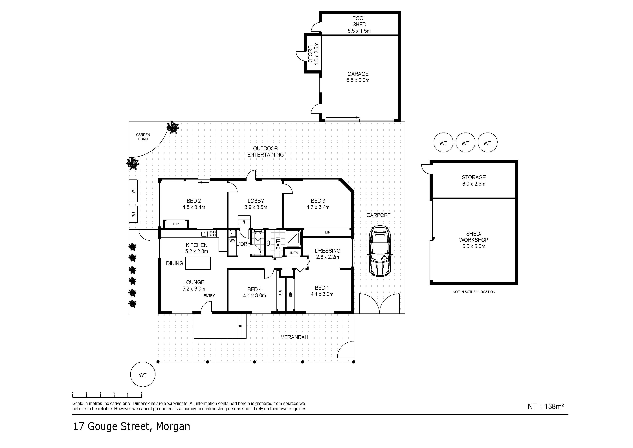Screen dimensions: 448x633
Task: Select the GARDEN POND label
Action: (143, 137)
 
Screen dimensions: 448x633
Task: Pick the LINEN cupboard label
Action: (293, 253)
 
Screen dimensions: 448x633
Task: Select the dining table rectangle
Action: (198, 263)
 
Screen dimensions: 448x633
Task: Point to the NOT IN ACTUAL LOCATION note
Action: (474, 292)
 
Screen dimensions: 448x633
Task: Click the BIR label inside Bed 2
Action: (176, 224)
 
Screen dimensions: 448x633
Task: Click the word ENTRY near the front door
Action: (209, 296)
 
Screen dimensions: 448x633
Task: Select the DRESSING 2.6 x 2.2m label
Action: (328, 254)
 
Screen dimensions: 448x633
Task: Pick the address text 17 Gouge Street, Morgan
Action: (131, 427)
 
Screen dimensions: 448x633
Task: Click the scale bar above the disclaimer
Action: (107, 396)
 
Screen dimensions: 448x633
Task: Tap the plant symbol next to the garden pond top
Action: (173, 127)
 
